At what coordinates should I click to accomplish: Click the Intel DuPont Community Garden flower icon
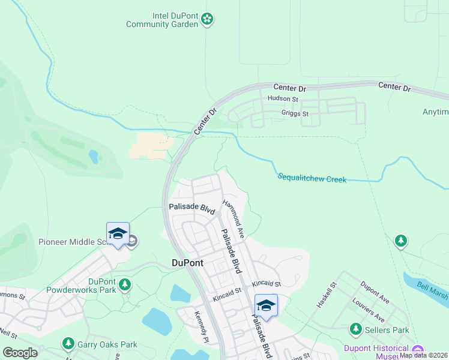click(207, 19)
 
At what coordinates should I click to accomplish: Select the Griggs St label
click(295, 113)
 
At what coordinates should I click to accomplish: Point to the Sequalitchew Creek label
click(312, 178)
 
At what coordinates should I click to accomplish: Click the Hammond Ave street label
click(233, 219)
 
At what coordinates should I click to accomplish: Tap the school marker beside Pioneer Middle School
click(118, 235)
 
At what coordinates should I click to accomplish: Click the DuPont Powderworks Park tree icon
click(125, 284)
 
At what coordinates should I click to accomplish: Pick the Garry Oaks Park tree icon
click(68, 344)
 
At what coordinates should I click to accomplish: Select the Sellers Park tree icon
click(356, 329)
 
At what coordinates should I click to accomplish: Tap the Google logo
click(20, 353)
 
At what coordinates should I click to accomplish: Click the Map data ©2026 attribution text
click(423, 355)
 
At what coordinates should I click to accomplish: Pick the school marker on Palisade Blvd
click(266, 305)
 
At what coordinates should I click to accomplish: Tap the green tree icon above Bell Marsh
click(400, 241)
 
